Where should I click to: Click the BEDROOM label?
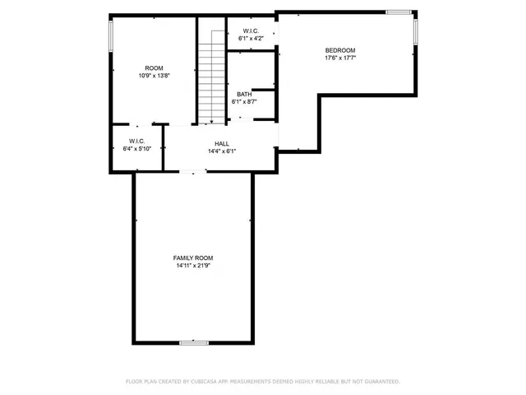point(340,49)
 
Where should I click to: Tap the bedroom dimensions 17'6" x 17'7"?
point(340,58)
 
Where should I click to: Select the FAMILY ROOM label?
point(193,258)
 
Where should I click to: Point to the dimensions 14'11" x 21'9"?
point(193,266)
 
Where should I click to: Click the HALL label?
point(222,143)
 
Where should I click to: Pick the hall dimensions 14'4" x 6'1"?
point(222,151)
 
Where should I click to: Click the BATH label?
point(244,94)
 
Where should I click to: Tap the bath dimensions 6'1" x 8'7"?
point(244,102)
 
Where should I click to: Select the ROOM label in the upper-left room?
point(154,67)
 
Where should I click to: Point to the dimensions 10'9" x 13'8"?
point(154,76)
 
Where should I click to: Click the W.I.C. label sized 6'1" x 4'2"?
point(251,30)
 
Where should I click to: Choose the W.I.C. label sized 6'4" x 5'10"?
point(136,141)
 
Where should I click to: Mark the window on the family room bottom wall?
point(194,342)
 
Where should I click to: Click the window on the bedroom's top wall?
point(399,12)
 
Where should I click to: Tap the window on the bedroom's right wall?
point(416,31)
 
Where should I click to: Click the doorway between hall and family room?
point(194,171)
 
